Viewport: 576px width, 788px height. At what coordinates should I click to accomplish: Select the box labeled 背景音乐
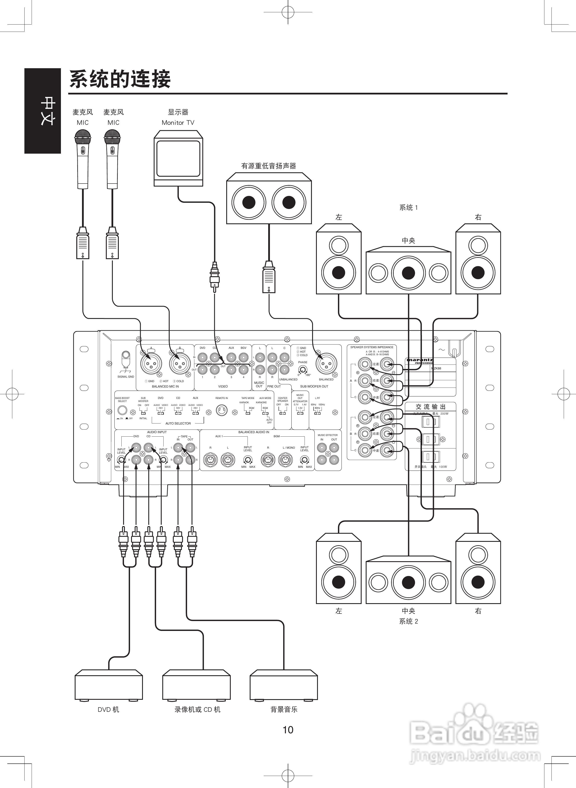283,685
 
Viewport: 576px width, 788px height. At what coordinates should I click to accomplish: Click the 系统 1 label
408,208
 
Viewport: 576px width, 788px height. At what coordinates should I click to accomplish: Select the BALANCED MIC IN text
165,386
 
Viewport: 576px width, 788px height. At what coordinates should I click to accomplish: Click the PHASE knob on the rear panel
303,369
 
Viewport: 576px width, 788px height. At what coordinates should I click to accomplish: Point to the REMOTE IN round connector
221,410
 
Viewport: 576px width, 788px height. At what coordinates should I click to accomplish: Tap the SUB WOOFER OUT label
314,386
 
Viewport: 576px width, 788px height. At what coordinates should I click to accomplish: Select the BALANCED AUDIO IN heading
254,432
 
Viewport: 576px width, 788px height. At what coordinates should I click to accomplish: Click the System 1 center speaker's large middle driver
408,273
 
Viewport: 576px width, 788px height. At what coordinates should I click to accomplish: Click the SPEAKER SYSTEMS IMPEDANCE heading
372,347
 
